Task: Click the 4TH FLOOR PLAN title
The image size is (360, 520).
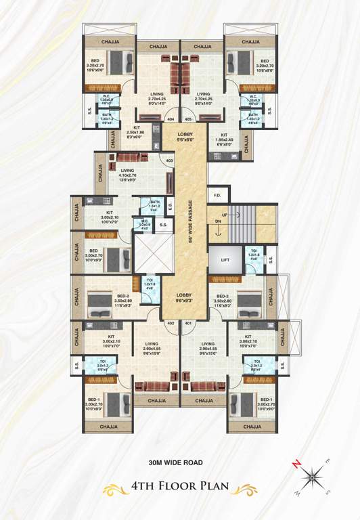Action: click(180, 486)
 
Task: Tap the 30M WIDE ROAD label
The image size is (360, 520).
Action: click(179, 464)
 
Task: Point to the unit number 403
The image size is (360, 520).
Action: click(169, 160)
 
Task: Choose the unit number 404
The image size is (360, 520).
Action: click(170, 119)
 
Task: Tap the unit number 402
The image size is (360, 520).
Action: click(171, 323)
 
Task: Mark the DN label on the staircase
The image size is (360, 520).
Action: click(218, 221)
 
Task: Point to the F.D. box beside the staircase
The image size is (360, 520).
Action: click(217, 196)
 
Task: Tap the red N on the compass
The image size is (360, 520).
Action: click(295, 463)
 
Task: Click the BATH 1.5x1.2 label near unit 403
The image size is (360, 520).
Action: click(156, 205)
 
